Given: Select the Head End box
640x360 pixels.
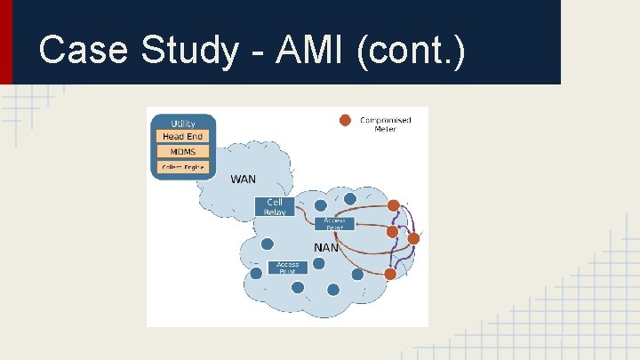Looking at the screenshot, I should [182, 136].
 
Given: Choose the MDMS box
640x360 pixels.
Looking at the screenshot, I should [182, 151].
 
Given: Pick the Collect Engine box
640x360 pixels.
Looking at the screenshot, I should [182, 166].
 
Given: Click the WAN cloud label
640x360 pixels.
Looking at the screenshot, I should [243, 180].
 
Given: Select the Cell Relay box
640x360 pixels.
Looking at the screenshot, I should [275, 207].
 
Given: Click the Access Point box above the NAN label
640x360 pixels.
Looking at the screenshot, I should [334, 224].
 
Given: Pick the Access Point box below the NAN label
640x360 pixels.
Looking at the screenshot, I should [287, 267].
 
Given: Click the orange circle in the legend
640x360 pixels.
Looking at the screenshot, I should [345, 120].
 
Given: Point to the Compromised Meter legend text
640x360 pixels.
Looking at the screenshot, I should [385, 124].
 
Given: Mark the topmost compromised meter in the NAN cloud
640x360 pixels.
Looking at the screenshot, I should [394, 206].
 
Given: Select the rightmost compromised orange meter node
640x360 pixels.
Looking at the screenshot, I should [413, 238].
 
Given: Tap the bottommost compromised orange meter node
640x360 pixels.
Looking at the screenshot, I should [390, 274].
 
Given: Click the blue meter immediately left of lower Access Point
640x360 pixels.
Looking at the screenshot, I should [256, 273].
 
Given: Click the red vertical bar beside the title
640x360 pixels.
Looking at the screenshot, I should [6, 42].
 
